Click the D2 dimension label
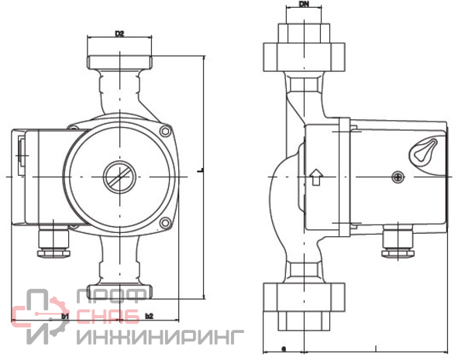coord(119,33)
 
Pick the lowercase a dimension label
coord(284,347)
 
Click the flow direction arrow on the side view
coord(315,177)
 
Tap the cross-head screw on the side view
coord(398,178)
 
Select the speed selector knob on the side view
coord(425,149)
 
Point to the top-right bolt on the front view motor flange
coord(164,132)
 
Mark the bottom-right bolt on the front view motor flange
coord(164,225)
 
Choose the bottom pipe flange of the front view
coord(119,293)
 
